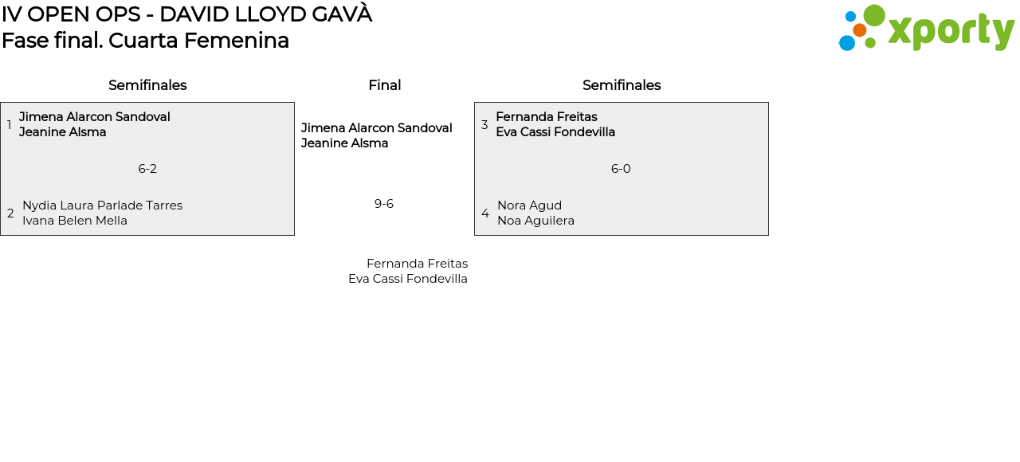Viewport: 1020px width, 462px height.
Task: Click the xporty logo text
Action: tap(951, 31)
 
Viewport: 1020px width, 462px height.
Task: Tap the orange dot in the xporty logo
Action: tap(859, 30)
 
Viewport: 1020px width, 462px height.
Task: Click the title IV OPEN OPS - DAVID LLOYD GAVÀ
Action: tap(186, 14)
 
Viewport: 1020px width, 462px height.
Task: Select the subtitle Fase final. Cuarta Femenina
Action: tap(145, 41)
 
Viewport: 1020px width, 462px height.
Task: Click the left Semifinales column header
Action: tap(147, 85)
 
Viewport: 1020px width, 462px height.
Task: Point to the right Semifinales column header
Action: tap(622, 85)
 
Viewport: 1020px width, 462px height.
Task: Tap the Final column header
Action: tap(384, 85)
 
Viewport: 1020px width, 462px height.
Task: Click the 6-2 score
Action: tap(147, 169)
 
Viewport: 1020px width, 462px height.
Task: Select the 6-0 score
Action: tap(621, 169)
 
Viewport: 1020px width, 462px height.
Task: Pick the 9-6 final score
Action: tap(384, 204)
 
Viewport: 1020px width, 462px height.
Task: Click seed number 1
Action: tap(10, 125)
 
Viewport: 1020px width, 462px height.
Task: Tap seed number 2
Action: tap(10, 213)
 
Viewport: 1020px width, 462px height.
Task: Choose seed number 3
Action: tap(484, 125)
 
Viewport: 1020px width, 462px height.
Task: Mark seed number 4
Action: tap(485, 213)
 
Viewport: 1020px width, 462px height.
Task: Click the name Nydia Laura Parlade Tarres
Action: tap(102, 206)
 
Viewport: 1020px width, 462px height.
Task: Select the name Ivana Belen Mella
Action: tap(75, 221)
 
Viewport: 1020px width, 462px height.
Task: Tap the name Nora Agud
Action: tap(529, 206)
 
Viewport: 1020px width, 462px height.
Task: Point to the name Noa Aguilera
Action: tap(535, 221)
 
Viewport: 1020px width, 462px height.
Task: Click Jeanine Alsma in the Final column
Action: tap(344, 143)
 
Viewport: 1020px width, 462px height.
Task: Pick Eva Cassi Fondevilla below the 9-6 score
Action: tap(408, 279)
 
